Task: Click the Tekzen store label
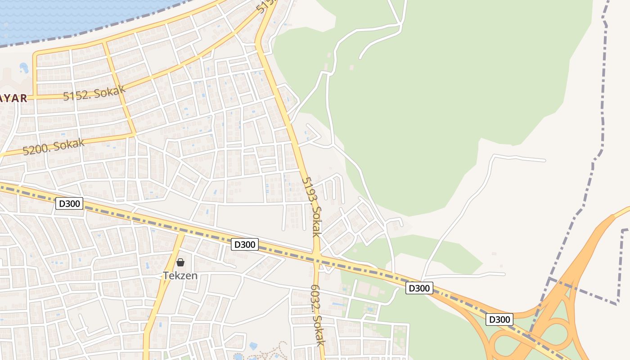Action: (x=180, y=275)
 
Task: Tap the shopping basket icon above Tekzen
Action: (x=180, y=262)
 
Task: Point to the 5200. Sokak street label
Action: (x=54, y=147)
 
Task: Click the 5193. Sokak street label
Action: (x=311, y=207)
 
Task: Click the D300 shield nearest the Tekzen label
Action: (x=245, y=244)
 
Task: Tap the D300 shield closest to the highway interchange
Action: (x=499, y=319)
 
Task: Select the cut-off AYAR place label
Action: (x=13, y=98)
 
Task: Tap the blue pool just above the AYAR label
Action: (x=23, y=68)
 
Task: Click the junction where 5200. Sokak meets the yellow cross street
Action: (x=134, y=134)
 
